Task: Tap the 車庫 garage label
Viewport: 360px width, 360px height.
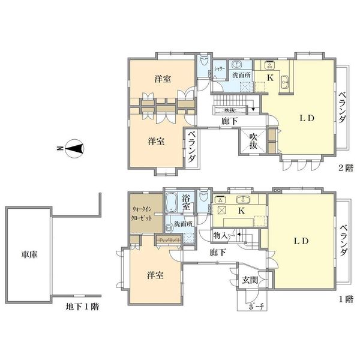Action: [x=29, y=254]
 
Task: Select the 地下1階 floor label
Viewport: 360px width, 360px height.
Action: [x=82, y=307]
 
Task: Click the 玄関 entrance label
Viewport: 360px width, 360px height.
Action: [x=250, y=280]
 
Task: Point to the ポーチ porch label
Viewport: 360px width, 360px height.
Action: [x=256, y=307]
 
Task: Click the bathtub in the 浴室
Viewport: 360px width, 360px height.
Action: [x=171, y=203]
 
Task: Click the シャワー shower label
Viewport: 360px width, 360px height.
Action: [x=220, y=68]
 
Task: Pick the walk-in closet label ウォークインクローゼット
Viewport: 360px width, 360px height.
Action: [x=142, y=214]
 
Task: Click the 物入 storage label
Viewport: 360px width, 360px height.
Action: [x=220, y=235]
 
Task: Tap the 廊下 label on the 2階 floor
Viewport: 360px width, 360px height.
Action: [x=229, y=121]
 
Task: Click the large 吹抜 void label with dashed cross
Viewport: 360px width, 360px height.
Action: [x=253, y=141]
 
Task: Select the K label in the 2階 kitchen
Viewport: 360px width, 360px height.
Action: [x=271, y=78]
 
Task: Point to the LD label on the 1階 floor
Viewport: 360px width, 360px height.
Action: [x=301, y=241]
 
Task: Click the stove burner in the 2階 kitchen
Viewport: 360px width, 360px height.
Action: [x=269, y=65]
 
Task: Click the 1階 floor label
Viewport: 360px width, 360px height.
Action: [x=346, y=299]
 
